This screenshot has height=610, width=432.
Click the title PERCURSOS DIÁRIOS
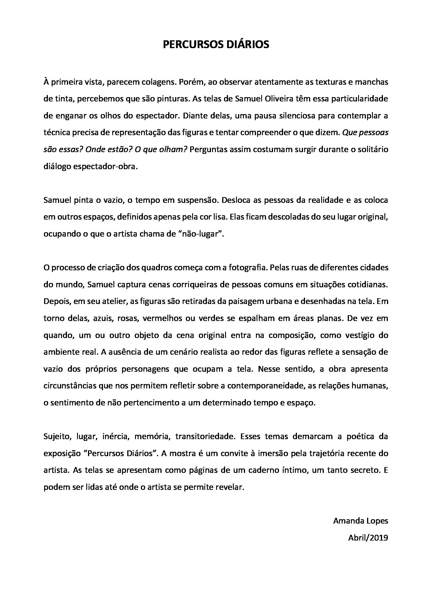click(x=216, y=44)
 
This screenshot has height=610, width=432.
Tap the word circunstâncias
click(x=70, y=386)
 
